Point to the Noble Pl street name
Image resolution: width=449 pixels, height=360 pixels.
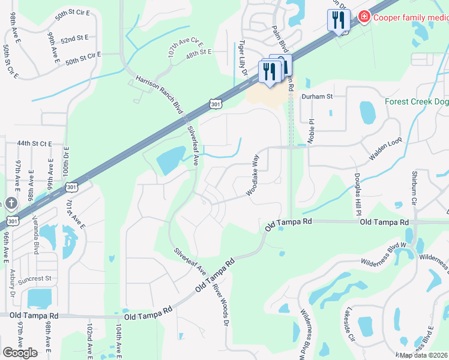pyautogui.click(x=311, y=130)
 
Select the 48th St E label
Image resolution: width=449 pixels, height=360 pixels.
pyautogui.click(x=199, y=53)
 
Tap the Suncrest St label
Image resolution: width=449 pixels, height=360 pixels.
pyautogui.click(x=36, y=279)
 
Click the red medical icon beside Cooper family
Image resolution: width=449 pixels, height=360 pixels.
pyautogui.click(x=363, y=17)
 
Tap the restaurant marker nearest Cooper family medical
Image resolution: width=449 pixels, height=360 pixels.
pyautogui.click(x=339, y=21)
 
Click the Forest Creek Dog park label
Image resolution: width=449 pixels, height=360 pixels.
pyautogui.click(x=417, y=101)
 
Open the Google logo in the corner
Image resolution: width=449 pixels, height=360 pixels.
pyautogui.click(x=20, y=353)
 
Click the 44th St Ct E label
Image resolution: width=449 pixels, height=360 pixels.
pyautogui.click(x=35, y=144)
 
